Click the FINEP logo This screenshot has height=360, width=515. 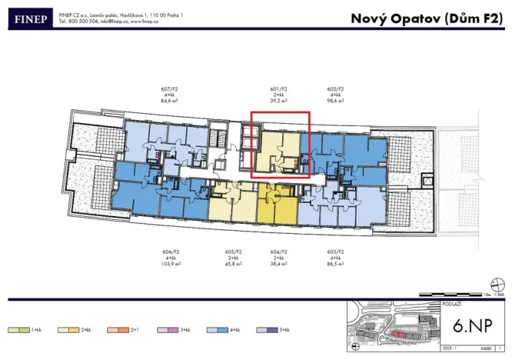28,18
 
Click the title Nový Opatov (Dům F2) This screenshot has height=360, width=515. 427,18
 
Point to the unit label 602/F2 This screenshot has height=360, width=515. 335,88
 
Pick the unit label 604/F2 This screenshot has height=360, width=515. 279,251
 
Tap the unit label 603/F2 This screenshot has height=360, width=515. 335,251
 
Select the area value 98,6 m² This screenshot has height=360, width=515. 335,100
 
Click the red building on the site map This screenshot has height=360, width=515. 397,335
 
